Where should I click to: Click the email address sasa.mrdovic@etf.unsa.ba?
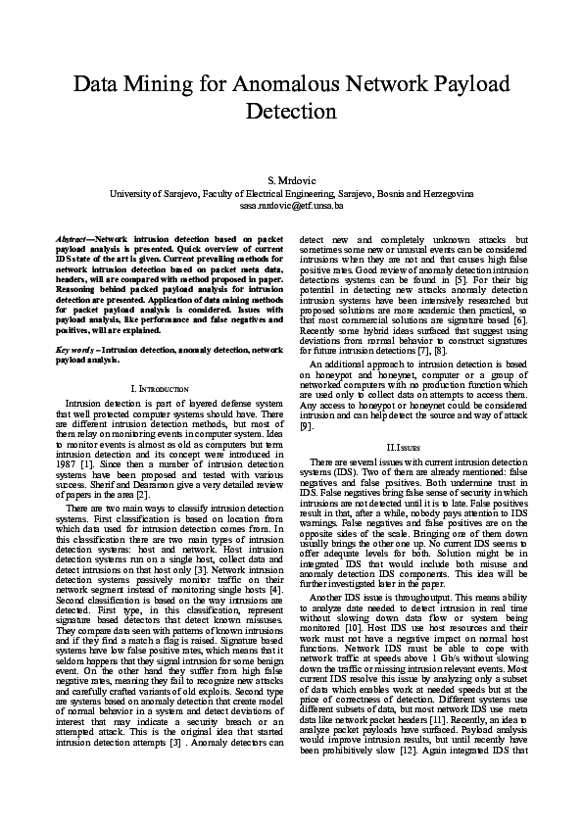point(291,207)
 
